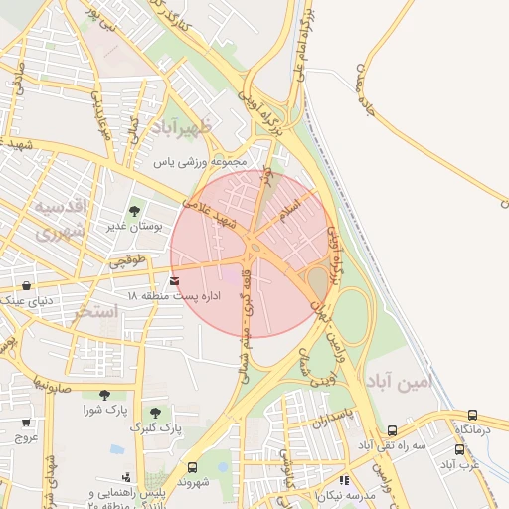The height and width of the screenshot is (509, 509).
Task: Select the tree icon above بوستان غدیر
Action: point(134,210)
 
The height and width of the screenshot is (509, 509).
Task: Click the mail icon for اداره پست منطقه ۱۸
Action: point(176,281)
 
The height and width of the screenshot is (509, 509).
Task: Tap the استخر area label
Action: point(95,312)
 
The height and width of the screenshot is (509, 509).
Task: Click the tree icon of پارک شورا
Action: point(104,394)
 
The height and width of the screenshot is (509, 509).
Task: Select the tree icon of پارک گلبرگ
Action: point(154,412)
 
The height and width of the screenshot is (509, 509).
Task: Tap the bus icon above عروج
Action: point(25,423)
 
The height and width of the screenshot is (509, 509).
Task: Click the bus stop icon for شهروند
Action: point(192,467)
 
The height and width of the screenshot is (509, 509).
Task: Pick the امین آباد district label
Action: point(426,381)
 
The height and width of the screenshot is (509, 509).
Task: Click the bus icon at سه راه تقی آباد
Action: point(393,431)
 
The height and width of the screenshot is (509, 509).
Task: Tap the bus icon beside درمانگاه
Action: point(472,416)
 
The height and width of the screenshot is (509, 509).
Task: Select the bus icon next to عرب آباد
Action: point(460,449)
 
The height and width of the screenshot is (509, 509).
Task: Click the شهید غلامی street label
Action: point(209,212)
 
